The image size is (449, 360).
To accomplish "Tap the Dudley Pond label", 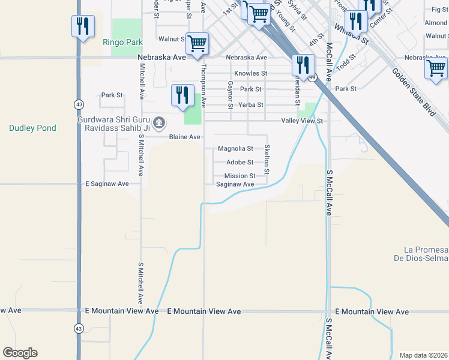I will click(32, 128).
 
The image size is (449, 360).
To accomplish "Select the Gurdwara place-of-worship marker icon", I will click(159, 123).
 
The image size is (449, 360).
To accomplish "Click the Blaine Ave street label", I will click(184, 137).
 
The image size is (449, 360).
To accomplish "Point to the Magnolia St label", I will click(235, 148).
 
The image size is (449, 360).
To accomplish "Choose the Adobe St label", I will click(240, 162).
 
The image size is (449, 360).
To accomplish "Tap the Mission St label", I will click(240, 176).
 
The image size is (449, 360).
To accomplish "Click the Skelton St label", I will click(267, 160).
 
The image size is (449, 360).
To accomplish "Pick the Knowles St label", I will click(250, 73).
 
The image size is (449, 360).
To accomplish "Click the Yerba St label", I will click(252, 104).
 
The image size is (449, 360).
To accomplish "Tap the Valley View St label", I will click(303, 121).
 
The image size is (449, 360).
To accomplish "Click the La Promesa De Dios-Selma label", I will click(426, 254).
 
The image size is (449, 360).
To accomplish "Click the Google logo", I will click(20, 353).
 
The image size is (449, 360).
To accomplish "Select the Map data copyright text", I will click(423, 355).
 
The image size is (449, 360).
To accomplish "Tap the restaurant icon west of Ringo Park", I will click(83, 26).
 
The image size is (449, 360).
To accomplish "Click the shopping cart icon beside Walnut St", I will click(197, 43).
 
